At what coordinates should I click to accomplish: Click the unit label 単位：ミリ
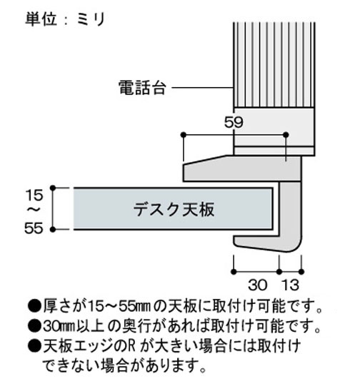point(65,19)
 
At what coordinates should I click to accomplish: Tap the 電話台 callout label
point(142,88)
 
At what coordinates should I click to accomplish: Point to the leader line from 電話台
point(202,88)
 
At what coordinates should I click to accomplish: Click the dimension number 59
point(234,122)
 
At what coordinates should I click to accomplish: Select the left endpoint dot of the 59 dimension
point(184,135)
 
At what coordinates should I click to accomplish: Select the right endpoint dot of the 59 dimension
point(286,135)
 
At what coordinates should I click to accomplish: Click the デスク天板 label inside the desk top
point(174,209)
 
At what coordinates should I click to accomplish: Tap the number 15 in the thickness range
point(34,195)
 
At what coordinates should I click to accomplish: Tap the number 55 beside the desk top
point(34,228)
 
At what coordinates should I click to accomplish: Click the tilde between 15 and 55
point(34,210)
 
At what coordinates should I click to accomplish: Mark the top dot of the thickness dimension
point(53,188)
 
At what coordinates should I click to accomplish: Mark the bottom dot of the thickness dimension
point(53,229)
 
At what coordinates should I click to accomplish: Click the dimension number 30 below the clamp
point(258,285)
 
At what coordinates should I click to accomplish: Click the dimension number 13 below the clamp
point(290,285)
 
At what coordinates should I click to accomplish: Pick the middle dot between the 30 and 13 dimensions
point(279,272)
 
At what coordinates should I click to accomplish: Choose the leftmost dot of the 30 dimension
point(234,272)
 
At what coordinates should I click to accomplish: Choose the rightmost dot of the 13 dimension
point(301,272)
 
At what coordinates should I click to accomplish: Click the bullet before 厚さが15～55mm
point(34,306)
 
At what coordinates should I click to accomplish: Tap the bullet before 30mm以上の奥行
point(34,326)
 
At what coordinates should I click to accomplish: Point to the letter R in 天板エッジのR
point(131,346)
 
